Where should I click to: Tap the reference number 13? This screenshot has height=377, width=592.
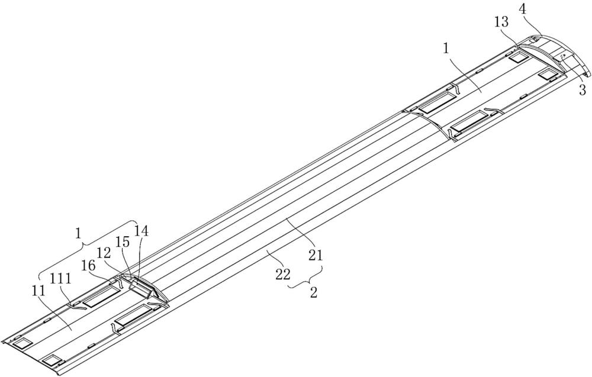(502, 22)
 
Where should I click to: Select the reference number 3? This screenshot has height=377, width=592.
(583, 90)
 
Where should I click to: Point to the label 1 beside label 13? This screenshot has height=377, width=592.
(446, 49)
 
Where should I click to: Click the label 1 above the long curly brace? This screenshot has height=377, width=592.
(78, 234)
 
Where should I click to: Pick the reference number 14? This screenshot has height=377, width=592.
(141, 231)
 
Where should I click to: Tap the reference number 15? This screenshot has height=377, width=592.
(123, 241)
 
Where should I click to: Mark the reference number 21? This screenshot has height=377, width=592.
(316, 256)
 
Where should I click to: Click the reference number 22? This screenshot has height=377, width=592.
(283, 275)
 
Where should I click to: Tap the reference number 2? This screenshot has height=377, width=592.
(313, 292)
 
